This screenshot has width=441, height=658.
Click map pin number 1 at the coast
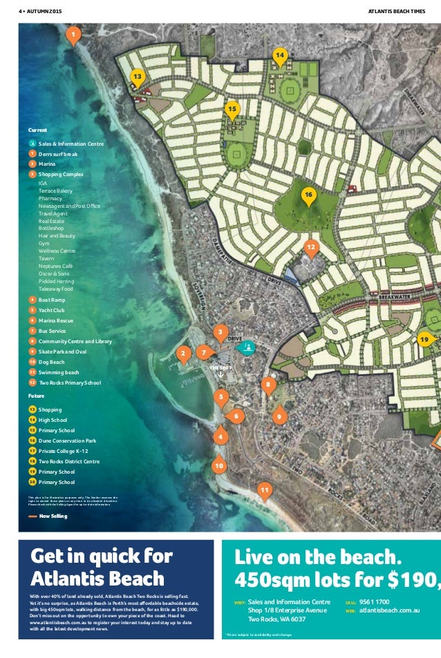[73, 34]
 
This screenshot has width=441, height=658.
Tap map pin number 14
[279, 55]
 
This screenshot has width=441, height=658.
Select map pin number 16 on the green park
[308, 196]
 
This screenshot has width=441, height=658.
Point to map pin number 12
[311, 246]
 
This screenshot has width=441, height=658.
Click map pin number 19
[424, 339]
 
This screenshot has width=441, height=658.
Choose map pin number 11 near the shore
[263, 490]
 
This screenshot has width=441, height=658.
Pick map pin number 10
[219, 467]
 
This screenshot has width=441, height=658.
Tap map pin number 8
[268, 383]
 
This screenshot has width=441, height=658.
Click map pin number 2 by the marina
[183, 354]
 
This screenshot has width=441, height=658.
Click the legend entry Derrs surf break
[57, 154]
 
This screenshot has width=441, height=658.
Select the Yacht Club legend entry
[51, 311]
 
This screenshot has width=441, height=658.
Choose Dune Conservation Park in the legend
[67, 441]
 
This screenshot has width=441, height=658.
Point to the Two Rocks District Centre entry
[68, 461]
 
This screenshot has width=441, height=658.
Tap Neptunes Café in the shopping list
[55, 266]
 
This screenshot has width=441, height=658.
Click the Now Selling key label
[53, 516]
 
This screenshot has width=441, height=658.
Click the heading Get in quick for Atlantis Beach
[102, 567]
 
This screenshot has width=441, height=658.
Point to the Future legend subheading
[36, 396]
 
